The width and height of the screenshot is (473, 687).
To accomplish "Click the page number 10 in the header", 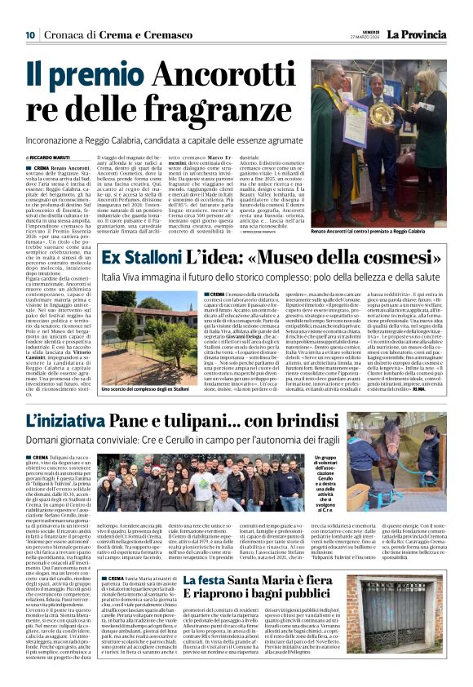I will point(29,35).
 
